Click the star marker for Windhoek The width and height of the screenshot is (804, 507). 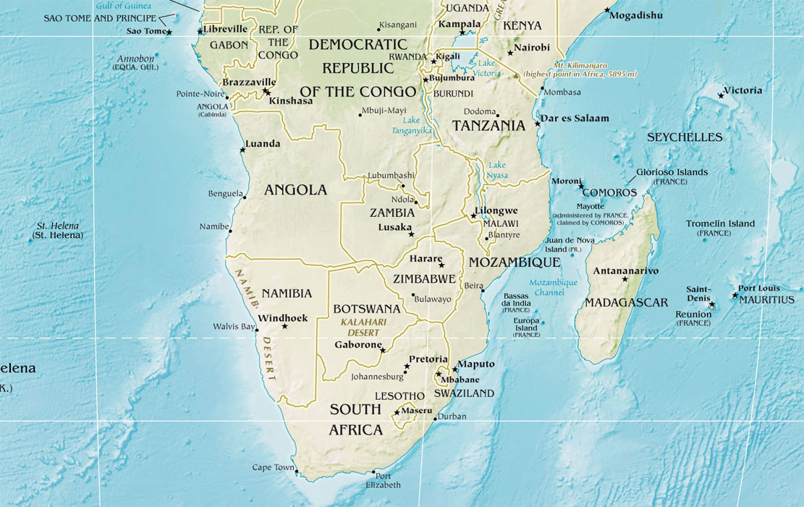coord(284,326)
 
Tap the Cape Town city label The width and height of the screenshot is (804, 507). coord(273,467)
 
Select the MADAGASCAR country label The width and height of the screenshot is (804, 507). coord(626,302)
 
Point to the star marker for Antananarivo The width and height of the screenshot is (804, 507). coord(625,279)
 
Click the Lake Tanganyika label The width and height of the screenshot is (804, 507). coord(411,125)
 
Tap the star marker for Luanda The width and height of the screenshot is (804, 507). coord(242,150)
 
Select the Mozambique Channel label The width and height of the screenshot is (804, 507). coord(553,287)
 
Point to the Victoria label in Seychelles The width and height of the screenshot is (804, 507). coord(742,90)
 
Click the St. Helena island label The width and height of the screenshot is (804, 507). coord(58,230)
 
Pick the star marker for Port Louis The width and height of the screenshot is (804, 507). coord(735,294)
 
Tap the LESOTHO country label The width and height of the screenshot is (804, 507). coord(399,396)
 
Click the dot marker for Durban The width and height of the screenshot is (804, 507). coord(435,419)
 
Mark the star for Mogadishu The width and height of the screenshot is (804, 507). coord(607,10)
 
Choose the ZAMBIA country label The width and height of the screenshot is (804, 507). coord(392,213)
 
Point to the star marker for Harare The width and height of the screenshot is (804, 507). coord(441,265)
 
